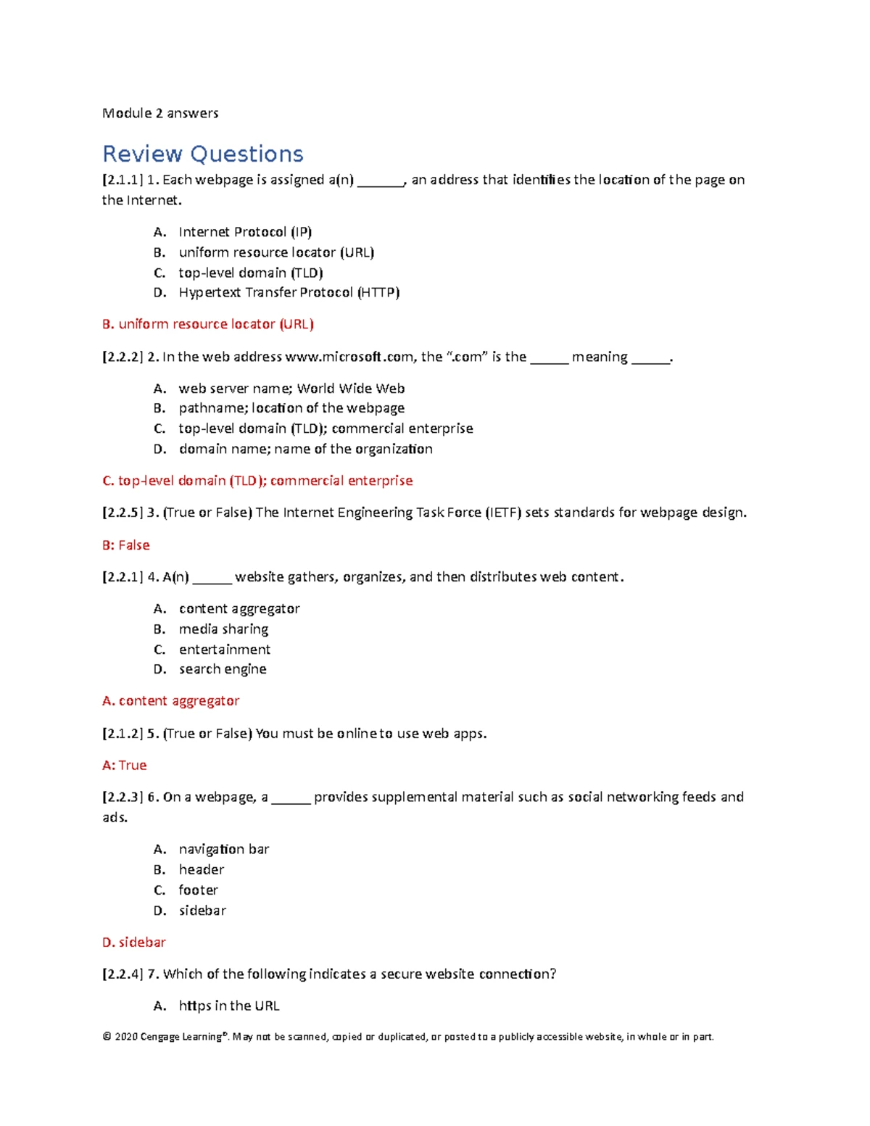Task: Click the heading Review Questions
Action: point(202,154)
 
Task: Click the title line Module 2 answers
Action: point(160,113)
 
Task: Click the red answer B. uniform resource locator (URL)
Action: point(208,324)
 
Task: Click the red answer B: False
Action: point(126,545)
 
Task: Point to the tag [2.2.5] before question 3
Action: point(121,513)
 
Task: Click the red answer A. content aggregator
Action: point(171,701)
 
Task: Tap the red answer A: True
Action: point(125,766)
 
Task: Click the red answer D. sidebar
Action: point(134,943)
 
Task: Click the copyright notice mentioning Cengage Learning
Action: point(408,1037)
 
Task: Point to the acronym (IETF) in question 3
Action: point(502,513)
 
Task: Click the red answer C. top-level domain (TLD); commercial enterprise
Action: point(257,481)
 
